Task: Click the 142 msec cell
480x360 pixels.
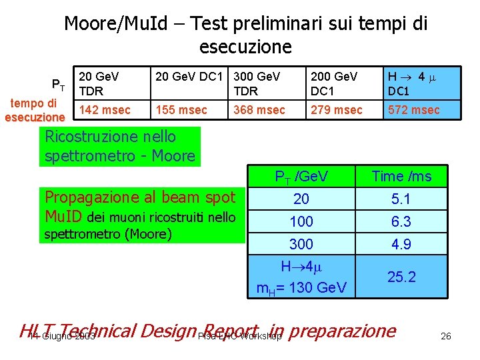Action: [x=105, y=109]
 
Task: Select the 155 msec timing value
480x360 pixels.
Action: [x=181, y=109]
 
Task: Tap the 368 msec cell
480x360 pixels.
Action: [x=259, y=109]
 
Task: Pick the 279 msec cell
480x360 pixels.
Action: [x=336, y=109]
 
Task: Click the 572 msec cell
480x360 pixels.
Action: [x=414, y=109]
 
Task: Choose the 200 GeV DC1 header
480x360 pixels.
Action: [x=334, y=83]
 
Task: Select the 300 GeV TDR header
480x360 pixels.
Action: [x=257, y=83]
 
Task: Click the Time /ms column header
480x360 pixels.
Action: [x=401, y=176]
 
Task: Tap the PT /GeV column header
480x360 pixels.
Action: [x=301, y=176]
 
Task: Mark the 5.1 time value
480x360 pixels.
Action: [x=401, y=199]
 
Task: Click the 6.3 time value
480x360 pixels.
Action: [x=401, y=221]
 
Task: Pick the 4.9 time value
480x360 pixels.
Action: [x=401, y=244]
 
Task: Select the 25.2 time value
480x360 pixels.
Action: [x=401, y=277]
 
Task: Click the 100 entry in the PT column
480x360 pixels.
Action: [x=301, y=221]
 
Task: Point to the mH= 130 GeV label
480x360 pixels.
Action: [x=301, y=288]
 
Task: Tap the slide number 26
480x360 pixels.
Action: [x=446, y=336]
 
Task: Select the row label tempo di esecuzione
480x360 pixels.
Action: [x=35, y=110]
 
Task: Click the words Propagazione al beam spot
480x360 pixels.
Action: [x=140, y=197]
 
